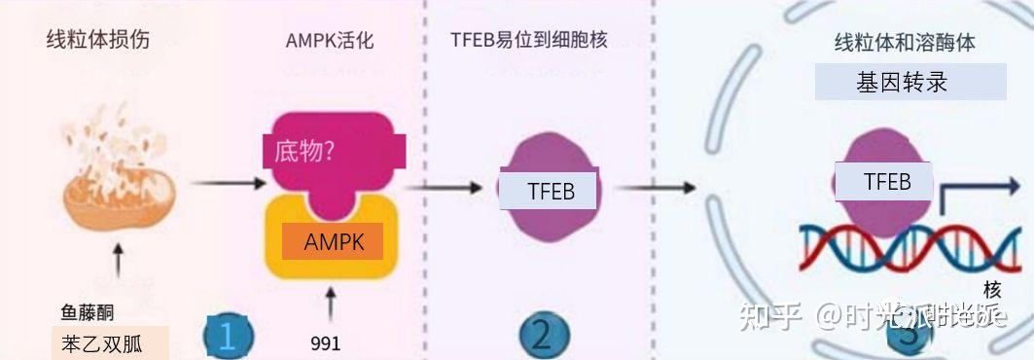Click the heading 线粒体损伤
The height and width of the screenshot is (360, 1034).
pyautogui.click(x=98, y=41)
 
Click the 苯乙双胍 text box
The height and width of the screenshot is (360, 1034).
pyautogui.click(x=110, y=342)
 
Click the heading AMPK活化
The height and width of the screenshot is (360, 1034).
pyautogui.click(x=330, y=42)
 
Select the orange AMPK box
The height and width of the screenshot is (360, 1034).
pyautogui.click(x=332, y=241)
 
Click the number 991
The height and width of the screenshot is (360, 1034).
pyautogui.click(x=326, y=343)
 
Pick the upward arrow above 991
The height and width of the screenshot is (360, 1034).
pyautogui.click(x=330, y=304)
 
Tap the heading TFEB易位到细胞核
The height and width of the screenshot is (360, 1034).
pyautogui.click(x=529, y=40)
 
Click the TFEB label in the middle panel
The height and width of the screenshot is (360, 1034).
pyautogui.click(x=550, y=191)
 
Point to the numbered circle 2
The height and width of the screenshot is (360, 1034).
pyautogui.click(x=541, y=336)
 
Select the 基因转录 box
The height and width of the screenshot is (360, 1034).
pyautogui.click(x=909, y=83)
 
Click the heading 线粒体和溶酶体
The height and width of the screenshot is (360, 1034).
pyautogui.click(x=905, y=43)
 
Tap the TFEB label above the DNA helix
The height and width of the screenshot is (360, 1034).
pyautogui.click(x=886, y=182)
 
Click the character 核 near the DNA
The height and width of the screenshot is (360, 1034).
pyautogui.click(x=992, y=290)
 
